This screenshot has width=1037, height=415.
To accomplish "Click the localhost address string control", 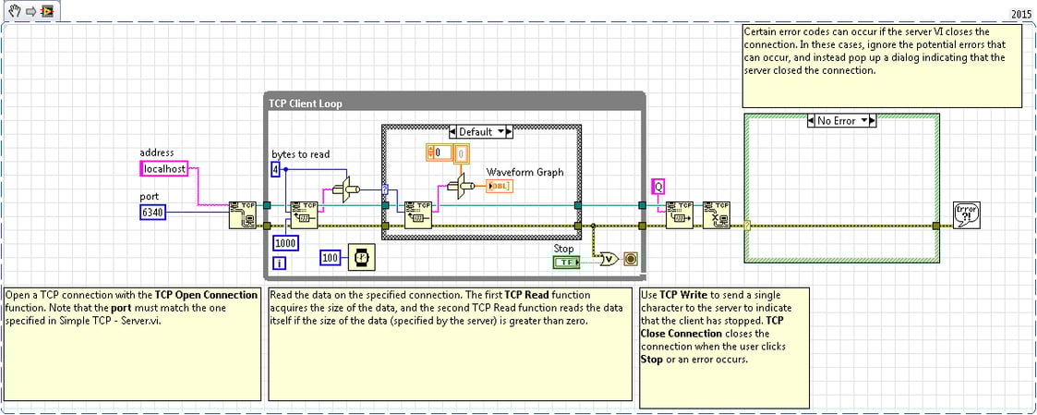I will click(164, 169).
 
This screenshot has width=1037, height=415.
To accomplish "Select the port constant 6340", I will click(151, 212).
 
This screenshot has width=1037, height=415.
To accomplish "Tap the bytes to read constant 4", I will click(275, 169).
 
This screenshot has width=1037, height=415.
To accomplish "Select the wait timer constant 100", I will click(331, 257).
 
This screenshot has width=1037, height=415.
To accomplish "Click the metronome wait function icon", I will click(358, 257).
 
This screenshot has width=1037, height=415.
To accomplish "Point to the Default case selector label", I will click(479, 132).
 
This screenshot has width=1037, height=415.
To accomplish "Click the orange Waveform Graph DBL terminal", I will click(500, 186).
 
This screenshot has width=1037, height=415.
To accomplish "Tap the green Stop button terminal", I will click(565, 262).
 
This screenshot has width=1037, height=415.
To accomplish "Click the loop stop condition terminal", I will click(632, 259).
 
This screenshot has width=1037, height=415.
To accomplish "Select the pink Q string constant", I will click(658, 187).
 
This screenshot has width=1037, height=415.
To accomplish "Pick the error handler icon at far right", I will click(967, 214).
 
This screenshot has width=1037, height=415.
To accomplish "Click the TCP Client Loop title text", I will click(305, 104).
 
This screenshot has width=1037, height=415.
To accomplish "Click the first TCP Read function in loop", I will click(303, 214).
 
